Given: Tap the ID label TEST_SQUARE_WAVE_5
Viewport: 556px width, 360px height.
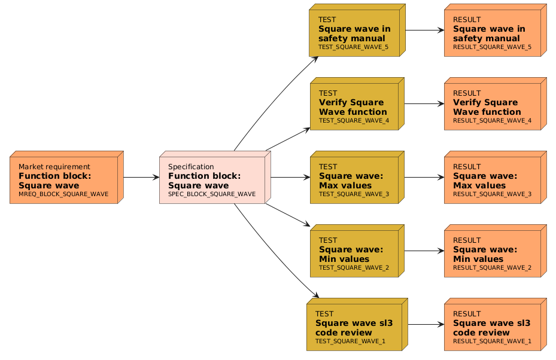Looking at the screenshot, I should click(353, 47).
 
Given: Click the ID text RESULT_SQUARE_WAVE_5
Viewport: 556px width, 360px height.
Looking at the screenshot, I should click(492, 47).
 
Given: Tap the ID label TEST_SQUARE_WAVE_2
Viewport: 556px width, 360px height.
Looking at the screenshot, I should click(354, 268).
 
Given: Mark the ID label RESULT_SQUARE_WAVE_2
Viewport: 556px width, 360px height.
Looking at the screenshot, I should click(492, 268).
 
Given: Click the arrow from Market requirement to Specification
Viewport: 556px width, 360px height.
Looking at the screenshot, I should click(141, 177).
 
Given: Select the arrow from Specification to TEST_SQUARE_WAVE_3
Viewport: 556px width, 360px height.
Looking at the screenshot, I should click(290, 177).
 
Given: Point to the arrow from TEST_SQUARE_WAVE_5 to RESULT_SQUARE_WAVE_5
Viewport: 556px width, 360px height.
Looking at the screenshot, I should click(424, 30).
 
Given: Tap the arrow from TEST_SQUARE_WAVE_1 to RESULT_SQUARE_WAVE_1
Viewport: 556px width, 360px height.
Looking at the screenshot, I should click(426, 324).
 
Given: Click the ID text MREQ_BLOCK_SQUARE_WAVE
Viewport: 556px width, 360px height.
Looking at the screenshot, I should click(63, 194).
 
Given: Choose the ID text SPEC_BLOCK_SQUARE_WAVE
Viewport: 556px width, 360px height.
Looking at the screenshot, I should click(212, 194).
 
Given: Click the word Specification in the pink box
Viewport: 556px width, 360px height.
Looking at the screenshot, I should click(191, 167).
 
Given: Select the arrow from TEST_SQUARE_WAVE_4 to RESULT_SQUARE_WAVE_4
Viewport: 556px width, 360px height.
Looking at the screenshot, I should click(424, 103).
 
